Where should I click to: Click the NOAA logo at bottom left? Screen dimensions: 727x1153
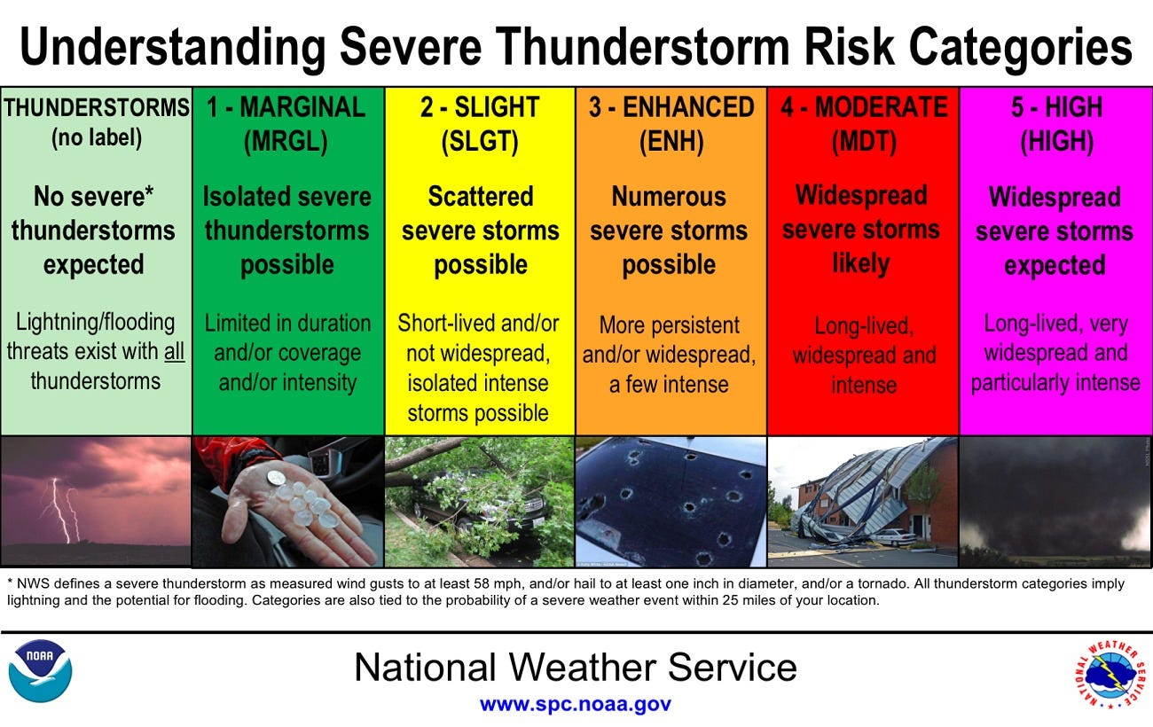click(x=40, y=671)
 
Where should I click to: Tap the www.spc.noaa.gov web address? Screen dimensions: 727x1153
click(x=575, y=704)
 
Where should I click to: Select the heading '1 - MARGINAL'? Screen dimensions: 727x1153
click(x=286, y=107)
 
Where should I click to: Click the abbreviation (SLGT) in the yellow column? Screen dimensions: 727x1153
click(x=479, y=142)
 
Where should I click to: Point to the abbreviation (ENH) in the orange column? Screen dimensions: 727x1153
click(x=670, y=142)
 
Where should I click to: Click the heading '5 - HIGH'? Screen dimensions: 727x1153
click(x=1055, y=107)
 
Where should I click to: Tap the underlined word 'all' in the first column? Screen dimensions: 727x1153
click(x=174, y=352)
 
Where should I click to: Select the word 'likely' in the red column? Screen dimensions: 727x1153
click(x=860, y=263)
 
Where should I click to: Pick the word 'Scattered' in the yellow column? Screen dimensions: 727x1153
click(x=480, y=196)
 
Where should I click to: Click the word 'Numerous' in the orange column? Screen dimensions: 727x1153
click(x=669, y=196)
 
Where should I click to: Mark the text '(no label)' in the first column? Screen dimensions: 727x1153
click(x=95, y=139)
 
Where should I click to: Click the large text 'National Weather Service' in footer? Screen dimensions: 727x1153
click(x=575, y=667)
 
